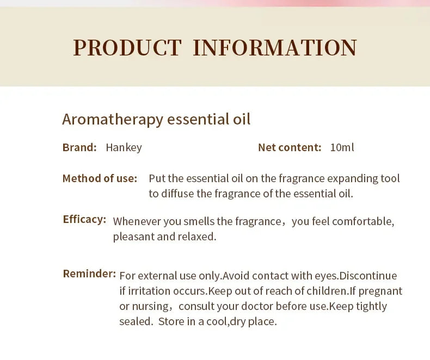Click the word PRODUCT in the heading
click(127, 48)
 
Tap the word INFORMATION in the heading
click(274, 48)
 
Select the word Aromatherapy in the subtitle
click(113, 119)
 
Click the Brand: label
click(79, 147)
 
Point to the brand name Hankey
click(124, 147)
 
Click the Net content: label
click(290, 147)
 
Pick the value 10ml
click(342, 147)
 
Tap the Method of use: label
click(100, 178)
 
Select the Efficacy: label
click(84, 219)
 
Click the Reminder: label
click(89, 274)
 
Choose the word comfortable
click(363, 221)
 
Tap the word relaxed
click(197, 237)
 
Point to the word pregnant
click(382, 291)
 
